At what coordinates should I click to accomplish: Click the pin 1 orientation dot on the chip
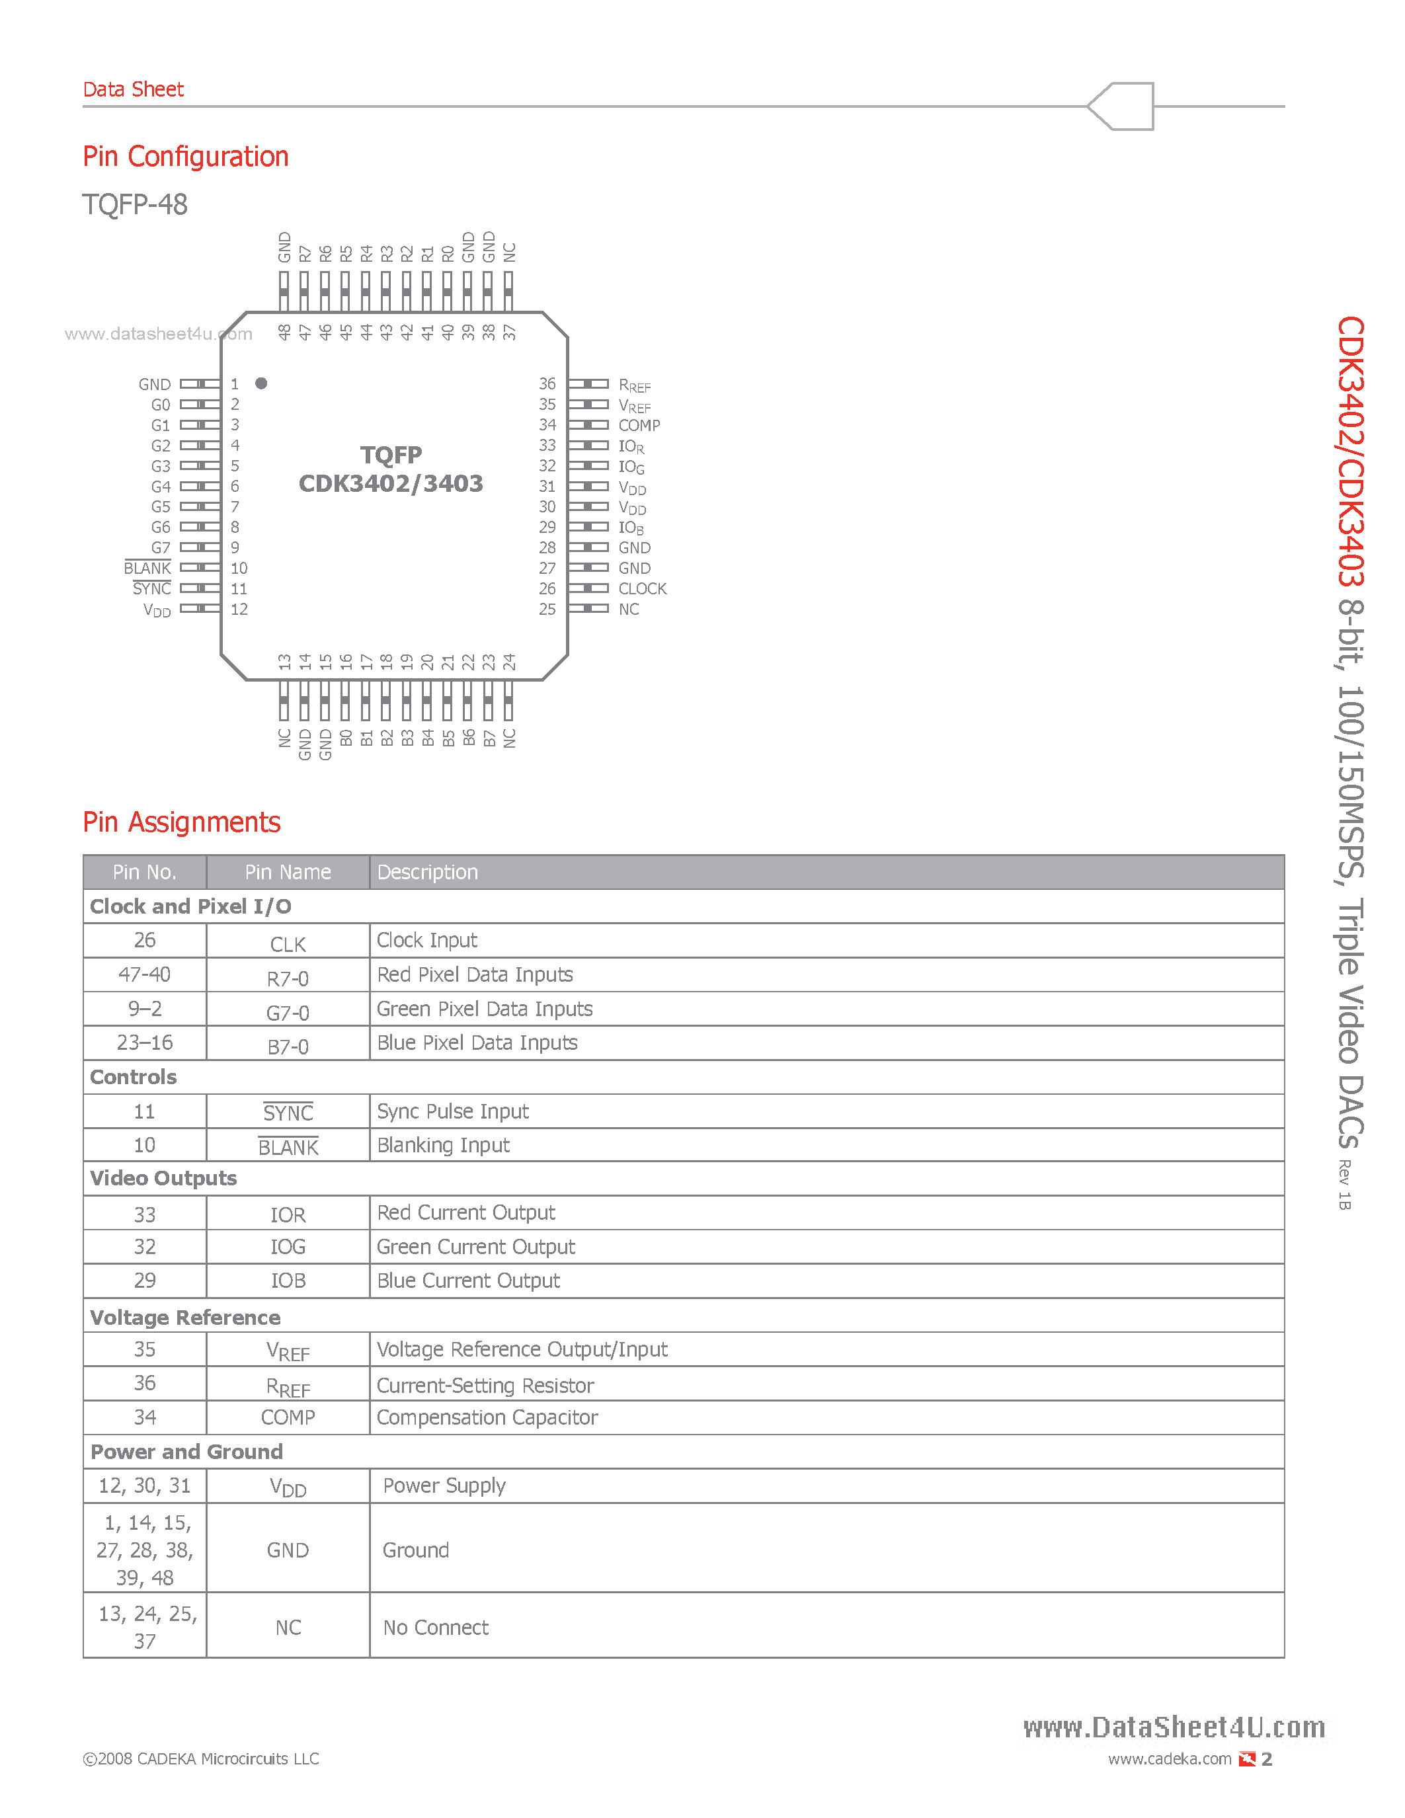click(261, 383)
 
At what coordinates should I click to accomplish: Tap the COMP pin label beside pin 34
click(639, 425)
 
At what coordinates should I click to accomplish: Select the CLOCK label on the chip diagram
click(642, 588)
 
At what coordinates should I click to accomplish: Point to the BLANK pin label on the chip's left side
click(147, 569)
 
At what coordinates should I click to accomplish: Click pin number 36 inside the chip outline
click(547, 383)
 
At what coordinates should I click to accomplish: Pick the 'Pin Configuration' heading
click(186, 157)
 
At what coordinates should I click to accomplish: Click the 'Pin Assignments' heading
click(181, 822)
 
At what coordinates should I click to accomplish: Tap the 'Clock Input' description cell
click(427, 941)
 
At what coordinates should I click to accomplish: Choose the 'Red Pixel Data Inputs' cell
click(475, 974)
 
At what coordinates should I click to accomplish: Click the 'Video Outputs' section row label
click(163, 1179)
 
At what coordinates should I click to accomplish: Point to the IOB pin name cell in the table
click(288, 1281)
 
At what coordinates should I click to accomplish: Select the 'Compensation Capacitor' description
click(487, 1417)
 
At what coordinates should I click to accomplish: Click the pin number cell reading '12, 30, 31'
click(145, 1486)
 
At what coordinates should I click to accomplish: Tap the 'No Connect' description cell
click(435, 1628)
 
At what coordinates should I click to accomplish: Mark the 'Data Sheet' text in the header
click(133, 89)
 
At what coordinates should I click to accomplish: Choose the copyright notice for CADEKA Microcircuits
click(200, 1759)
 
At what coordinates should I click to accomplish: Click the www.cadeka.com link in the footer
click(1170, 1759)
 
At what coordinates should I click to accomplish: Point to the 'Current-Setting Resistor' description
click(485, 1385)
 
